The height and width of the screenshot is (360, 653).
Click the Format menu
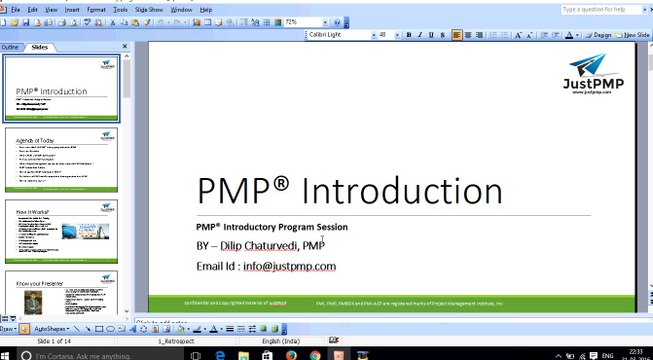pyautogui.click(x=96, y=9)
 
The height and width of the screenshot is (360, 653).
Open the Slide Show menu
pyautogui.click(x=148, y=9)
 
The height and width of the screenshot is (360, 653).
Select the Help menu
pyautogui.click(x=206, y=9)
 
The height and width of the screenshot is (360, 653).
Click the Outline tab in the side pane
pyautogui.click(x=10, y=47)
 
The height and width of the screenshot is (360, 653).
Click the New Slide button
pyautogui.click(x=632, y=35)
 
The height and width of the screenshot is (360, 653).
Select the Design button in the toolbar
pyautogui.click(x=598, y=35)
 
